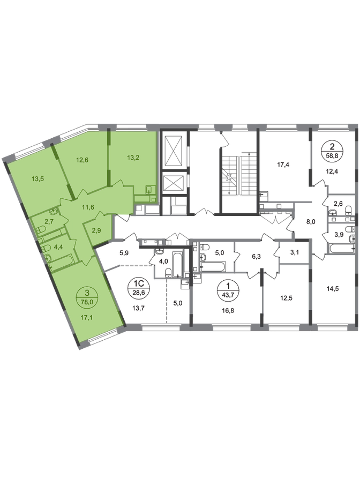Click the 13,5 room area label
(38, 178)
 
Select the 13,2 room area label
(133, 158)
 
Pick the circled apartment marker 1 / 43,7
(229, 289)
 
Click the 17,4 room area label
(283, 165)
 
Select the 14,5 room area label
(333, 289)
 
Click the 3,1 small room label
(295, 252)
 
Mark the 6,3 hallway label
(257, 257)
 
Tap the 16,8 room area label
(228, 310)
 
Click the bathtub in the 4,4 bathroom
(62, 261)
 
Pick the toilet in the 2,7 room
(41, 230)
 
